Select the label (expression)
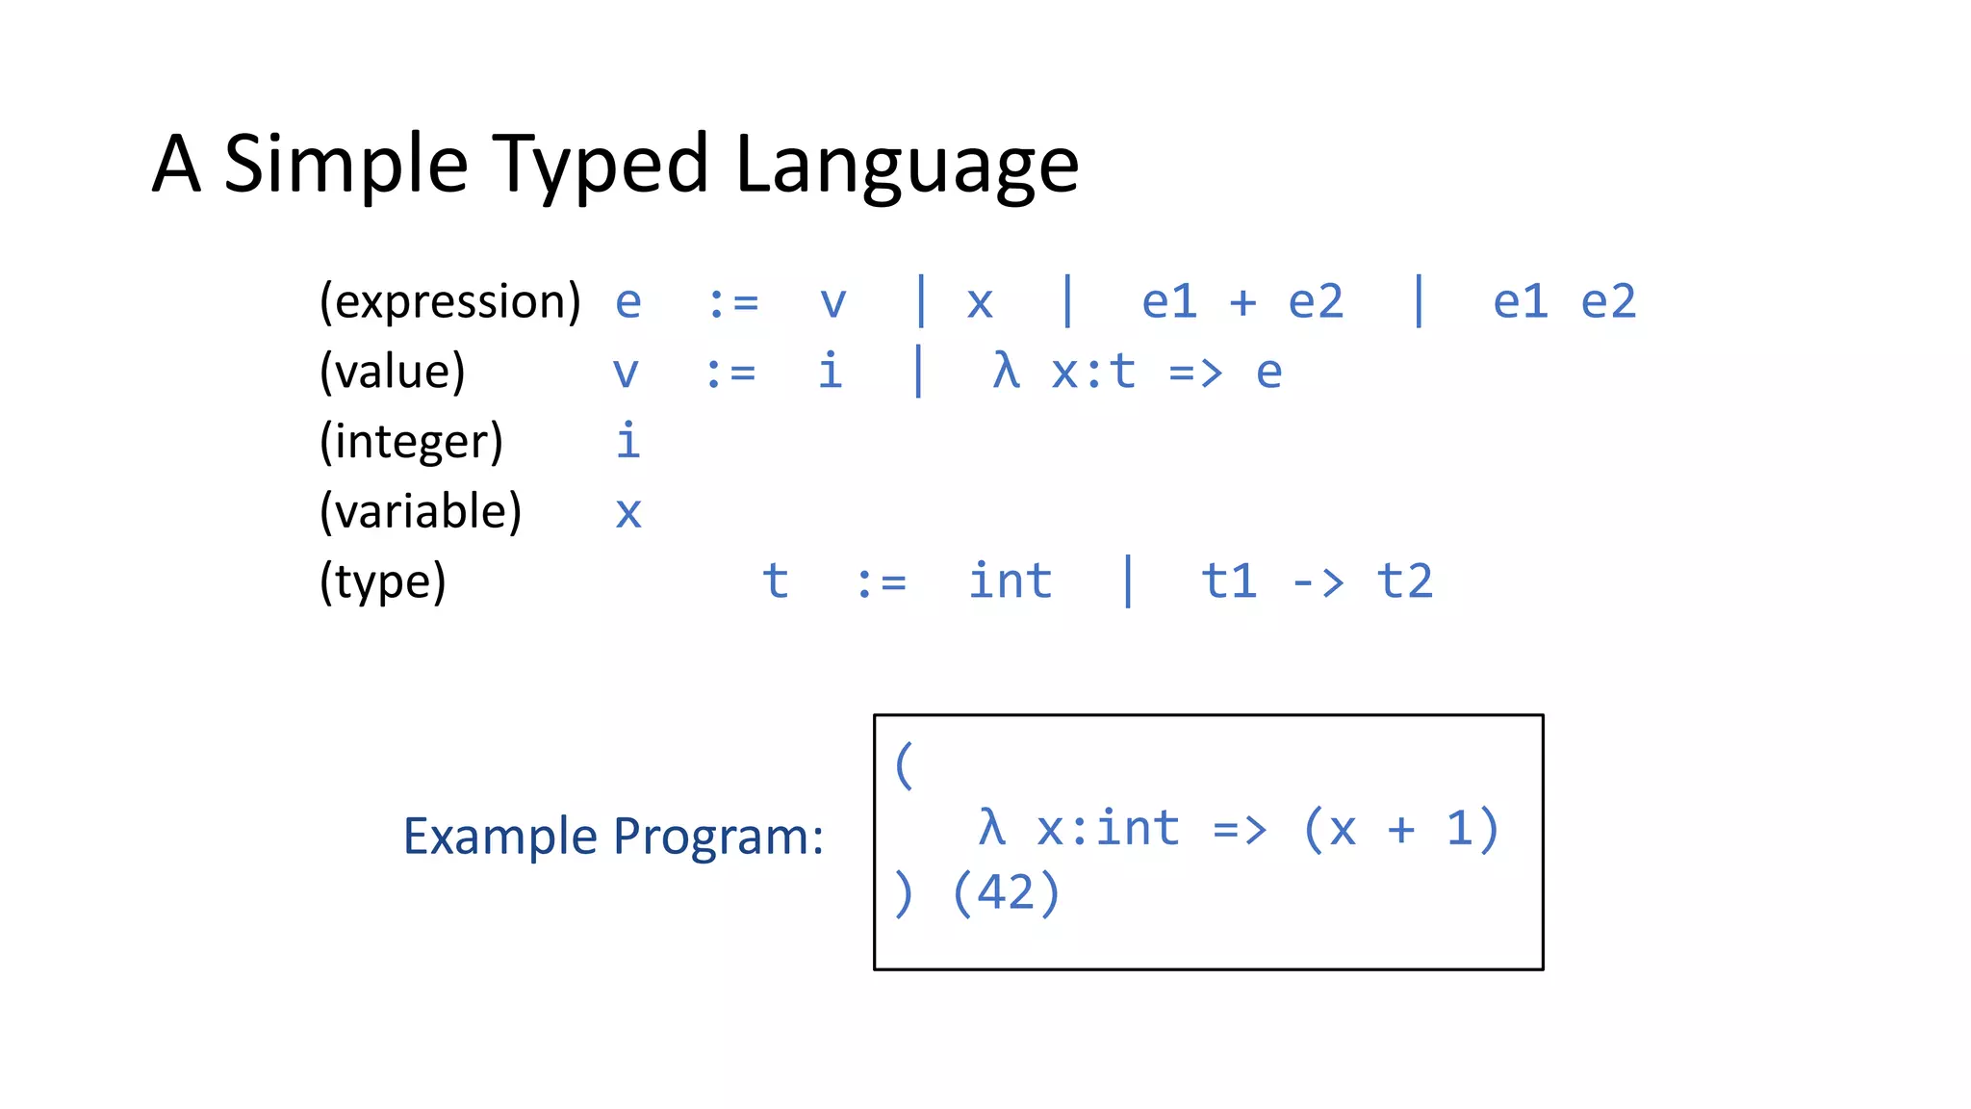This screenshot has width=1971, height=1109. (x=449, y=302)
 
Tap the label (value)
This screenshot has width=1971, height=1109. (x=392, y=372)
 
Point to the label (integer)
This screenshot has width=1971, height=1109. (x=411, y=442)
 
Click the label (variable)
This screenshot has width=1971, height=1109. (x=420, y=511)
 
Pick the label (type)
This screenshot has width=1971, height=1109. (x=382, y=581)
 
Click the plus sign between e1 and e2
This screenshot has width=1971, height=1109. (x=1242, y=302)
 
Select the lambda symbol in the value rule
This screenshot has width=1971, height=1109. (x=1006, y=371)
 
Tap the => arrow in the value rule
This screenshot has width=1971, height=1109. (x=1195, y=373)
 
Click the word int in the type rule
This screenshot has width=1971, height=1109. (x=1010, y=581)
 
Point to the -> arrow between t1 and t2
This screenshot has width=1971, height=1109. (x=1317, y=582)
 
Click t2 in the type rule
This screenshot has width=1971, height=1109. (x=1404, y=581)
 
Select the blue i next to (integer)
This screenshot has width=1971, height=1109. (x=627, y=441)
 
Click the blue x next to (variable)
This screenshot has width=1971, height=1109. (x=627, y=512)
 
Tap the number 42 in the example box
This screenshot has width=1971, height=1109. (x=1005, y=892)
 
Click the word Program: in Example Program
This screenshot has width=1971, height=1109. (x=718, y=836)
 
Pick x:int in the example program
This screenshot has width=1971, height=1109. (x=1107, y=829)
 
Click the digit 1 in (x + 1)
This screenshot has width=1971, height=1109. (x=1459, y=829)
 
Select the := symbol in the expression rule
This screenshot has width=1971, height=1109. (x=733, y=302)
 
